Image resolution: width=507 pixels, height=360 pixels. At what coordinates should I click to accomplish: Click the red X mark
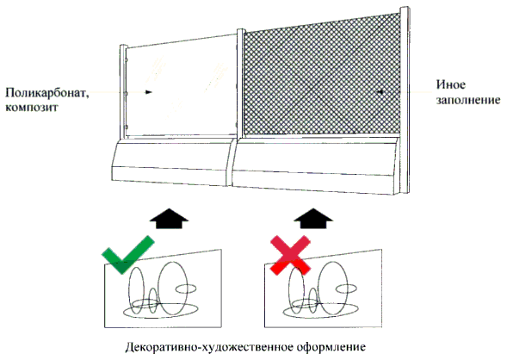point(291,256)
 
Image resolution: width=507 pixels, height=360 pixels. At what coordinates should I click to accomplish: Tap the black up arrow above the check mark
point(169,219)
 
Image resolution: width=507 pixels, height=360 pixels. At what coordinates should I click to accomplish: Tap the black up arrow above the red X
point(313,219)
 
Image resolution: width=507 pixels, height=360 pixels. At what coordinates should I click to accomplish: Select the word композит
point(31,107)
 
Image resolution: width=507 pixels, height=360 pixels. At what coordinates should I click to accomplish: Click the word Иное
point(451,84)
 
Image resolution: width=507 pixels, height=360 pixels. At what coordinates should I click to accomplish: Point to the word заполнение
point(468,100)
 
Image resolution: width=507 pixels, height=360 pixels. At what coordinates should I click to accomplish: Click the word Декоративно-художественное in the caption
point(209,347)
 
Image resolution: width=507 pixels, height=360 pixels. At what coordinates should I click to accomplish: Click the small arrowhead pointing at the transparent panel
point(148,92)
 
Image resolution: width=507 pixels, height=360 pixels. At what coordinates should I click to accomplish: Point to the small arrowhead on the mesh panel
point(380,92)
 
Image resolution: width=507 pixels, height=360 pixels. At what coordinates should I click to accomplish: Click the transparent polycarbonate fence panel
point(181,87)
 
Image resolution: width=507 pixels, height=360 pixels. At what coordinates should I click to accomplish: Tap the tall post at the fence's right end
point(405,100)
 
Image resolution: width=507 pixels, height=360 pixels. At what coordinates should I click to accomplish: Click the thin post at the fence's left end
point(123,92)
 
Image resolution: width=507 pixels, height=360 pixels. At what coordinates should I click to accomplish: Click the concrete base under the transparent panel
point(171,162)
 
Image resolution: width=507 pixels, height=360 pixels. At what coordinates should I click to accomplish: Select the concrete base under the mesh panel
point(315,165)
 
